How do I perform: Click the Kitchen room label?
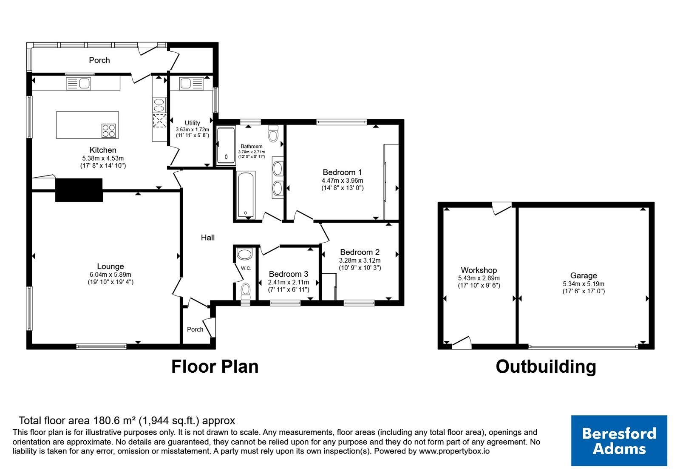pos(103,150)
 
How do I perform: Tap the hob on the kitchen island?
pos(109,131)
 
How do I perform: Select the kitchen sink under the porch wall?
pos(78,83)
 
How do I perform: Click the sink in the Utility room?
pos(192,83)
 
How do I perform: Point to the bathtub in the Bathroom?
pos(246,195)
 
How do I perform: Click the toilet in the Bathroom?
pos(273,133)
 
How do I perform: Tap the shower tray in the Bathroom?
pos(226,145)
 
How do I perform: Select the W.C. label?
pos(246,268)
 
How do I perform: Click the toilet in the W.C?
pos(245,291)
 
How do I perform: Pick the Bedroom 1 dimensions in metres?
pos(343,180)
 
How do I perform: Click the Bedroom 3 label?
pos(289,274)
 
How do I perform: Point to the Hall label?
pos(208,238)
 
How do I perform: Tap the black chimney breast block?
pos(79,190)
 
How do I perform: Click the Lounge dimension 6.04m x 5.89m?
pos(110,275)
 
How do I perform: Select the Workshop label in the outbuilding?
pos(479,270)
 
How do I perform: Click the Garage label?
pos(584,276)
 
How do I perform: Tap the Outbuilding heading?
pos(546,367)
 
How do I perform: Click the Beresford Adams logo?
pos(619,440)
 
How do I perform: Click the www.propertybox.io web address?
pos(454,451)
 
